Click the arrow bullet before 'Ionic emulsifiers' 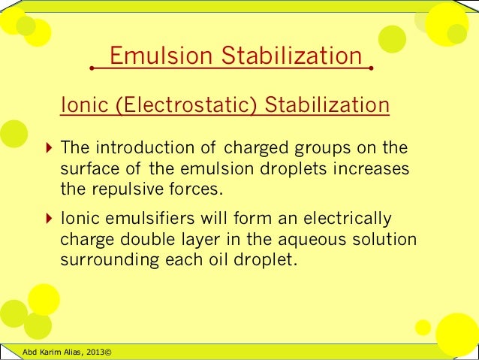click(49, 219)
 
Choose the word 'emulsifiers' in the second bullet click(149, 219)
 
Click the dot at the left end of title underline click(91, 68)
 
